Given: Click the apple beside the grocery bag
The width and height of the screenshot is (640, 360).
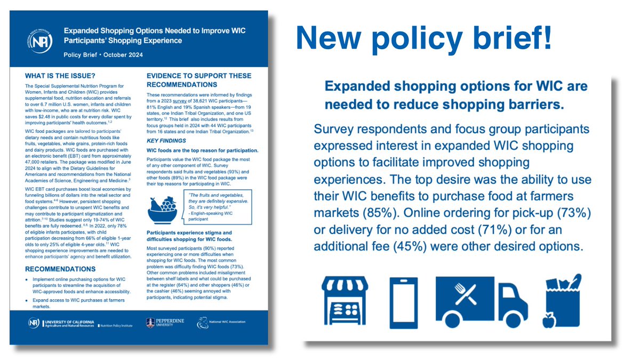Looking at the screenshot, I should [548, 322].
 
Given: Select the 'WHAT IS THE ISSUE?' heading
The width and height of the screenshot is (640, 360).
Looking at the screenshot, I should [60, 76].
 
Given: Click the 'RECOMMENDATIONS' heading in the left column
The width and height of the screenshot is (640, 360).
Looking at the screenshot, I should [60, 269].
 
